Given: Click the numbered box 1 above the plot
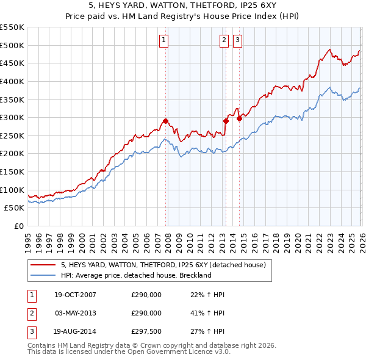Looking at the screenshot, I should tap(165, 40).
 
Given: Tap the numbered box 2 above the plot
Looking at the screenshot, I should tap(224, 40).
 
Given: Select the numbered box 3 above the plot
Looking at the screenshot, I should tap(237, 40).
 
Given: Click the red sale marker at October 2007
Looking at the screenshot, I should tap(166, 121).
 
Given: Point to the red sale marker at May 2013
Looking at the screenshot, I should tap(226, 121).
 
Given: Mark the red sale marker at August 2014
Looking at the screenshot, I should tap(240, 118).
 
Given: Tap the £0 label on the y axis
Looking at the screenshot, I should tap(18, 226).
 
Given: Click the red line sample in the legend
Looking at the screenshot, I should tap(44, 265).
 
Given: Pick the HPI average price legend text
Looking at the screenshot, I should tap(135, 275).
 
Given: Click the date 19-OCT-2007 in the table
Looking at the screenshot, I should tap(75, 295).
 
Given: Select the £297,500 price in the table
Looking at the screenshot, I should tap(146, 333).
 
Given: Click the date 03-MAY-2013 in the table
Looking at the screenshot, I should tap(75, 313).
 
